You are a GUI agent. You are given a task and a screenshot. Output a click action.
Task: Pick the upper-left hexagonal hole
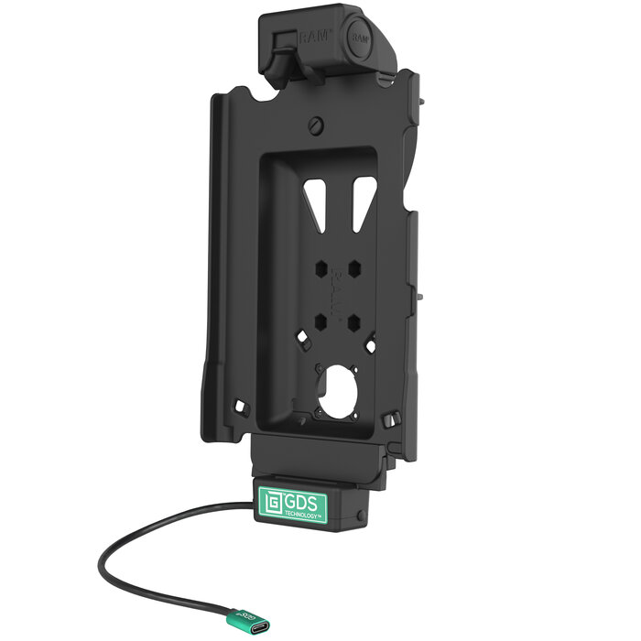point(321,270)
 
